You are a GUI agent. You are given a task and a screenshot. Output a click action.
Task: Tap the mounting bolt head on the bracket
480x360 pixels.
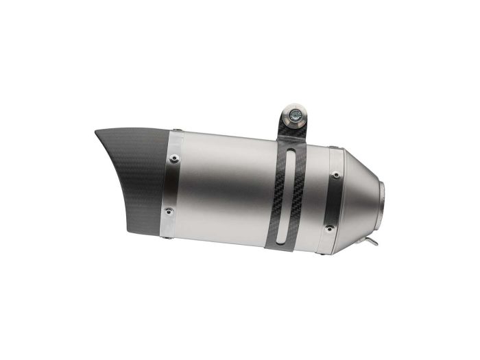(x=294, y=117)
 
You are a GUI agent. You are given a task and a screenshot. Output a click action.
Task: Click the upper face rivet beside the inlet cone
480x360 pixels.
(x=335, y=176)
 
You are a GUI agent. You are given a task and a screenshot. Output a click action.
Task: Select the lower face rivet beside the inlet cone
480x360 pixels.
(x=335, y=227)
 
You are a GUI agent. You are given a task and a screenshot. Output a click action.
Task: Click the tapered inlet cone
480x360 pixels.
(x=360, y=195)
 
